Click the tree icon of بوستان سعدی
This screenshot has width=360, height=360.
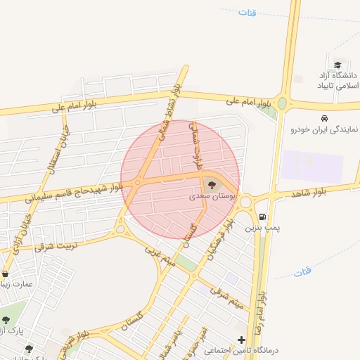click(212, 186)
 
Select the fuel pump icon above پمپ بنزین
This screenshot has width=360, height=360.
click(262, 218)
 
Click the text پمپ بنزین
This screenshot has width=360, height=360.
click(257, 229)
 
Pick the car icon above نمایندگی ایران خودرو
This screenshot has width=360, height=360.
click(324, 118)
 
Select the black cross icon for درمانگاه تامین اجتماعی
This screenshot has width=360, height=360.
click(242, 340)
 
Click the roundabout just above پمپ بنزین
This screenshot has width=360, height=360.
click(245, 202)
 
